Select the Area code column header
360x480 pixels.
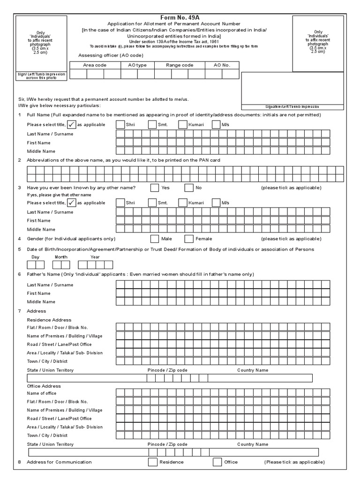[x=94, y=65]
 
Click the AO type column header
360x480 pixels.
[x=137, y=65]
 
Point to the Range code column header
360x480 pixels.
[x=180, y=65]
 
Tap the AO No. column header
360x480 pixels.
[x=222, y=65]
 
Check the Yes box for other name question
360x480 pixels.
[x=155, y=188]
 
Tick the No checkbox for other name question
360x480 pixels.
[x=189, y=188]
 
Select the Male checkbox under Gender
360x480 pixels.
[x=155, y=239]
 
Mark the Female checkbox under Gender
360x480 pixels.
[x=189, y=239]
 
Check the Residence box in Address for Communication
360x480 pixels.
[x=153, y=462]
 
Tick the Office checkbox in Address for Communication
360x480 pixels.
[x=217, y=462]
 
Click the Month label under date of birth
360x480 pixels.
[x=61, y=257]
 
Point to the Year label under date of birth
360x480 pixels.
[x=95, y=257]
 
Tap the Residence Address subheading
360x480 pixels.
[x=49, y=320]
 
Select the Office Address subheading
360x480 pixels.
[x=44, y=386]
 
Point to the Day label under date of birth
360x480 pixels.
[x=35, y=257]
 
